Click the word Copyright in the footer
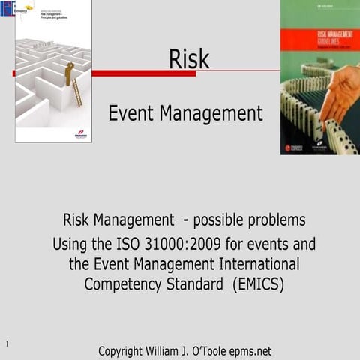click(x=128, y=350)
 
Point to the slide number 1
click(x=6, y=344)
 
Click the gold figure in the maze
click(x=70, y=73)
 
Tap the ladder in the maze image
click(x=76, y=92)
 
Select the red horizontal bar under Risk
click(x=142, y=73)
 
